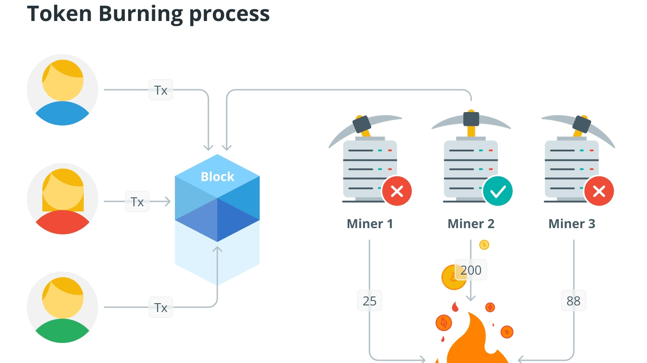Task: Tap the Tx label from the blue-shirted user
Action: click(161, 90)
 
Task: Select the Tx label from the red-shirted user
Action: click(137, 202)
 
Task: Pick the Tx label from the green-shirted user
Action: click(161, 308)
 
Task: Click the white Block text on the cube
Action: click(217, 177)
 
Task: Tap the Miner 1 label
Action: click(369, 224)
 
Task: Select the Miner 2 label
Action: click(471, 224)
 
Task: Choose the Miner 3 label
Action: click(572, 224)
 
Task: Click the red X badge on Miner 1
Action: click(397, 192)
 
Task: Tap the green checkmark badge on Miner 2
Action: click(498, 192)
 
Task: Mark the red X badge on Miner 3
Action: click(599, 192)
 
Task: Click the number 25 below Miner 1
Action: click(369, 301)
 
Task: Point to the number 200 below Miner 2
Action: click(471, 270)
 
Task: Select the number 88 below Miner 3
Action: click(573, 301)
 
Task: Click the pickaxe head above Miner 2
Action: click(471, 119)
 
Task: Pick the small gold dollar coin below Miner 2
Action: click(484, 245)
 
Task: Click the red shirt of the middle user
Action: click(62, 223)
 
